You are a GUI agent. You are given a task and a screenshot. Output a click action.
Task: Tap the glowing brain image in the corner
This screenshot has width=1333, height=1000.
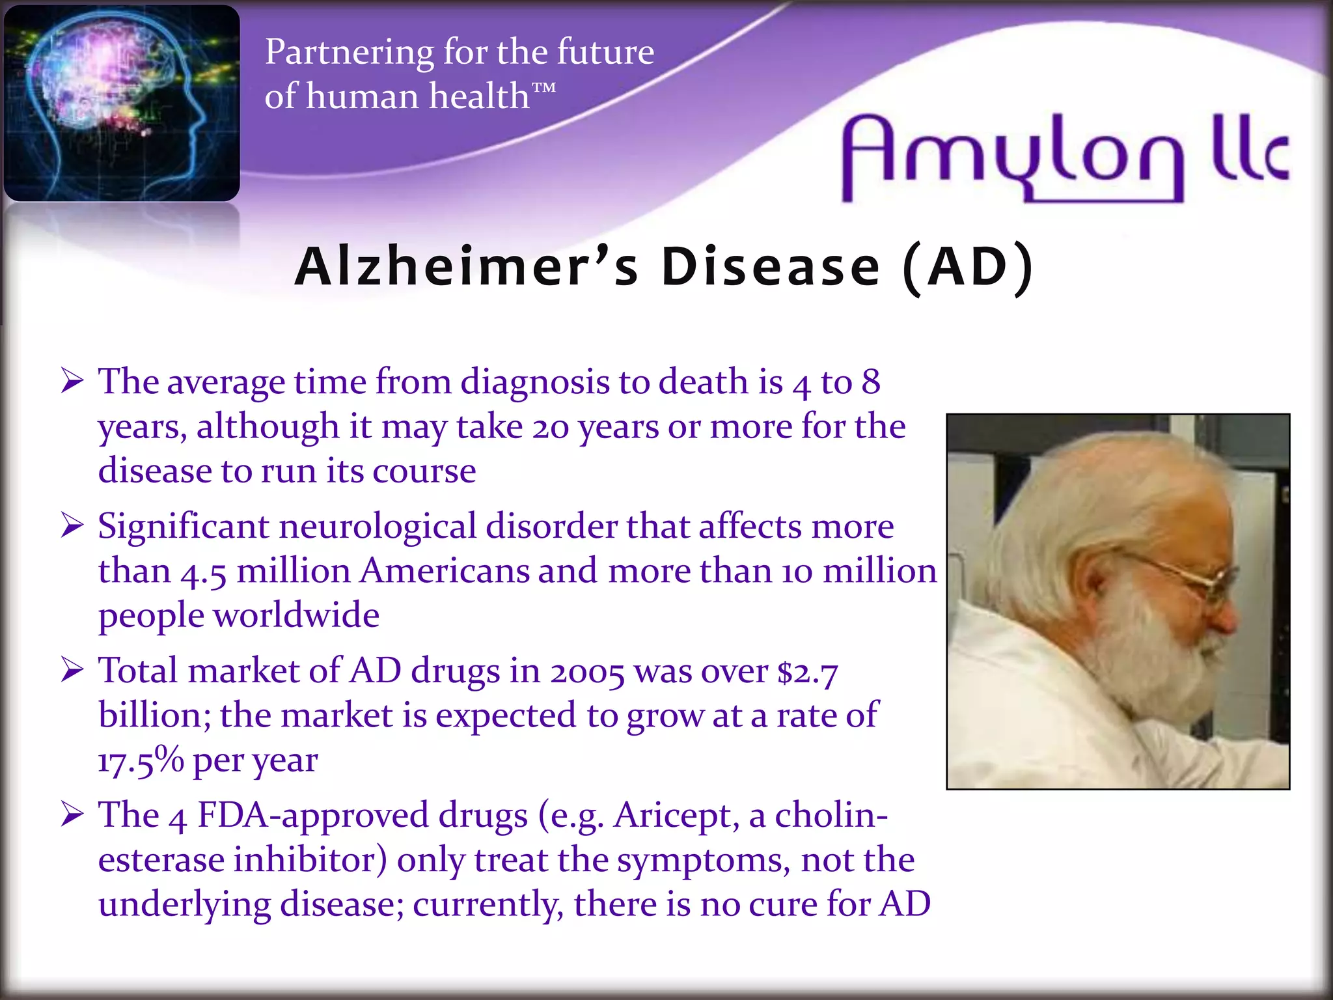coord(122,103)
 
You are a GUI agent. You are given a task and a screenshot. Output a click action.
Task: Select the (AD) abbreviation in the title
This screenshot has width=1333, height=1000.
coord(968,267)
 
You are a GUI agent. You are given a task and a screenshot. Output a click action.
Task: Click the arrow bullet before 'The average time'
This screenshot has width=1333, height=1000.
coord(72,381)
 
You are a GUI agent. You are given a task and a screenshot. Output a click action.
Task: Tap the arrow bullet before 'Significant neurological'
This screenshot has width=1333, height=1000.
coord(72,525)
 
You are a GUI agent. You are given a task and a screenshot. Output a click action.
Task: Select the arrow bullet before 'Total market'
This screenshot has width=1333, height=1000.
coord(72,670)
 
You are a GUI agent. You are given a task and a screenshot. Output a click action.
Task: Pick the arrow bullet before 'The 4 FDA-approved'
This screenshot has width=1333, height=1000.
coord(72,814)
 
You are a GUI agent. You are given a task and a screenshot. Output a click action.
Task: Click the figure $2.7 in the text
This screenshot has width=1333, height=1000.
coord(808,673)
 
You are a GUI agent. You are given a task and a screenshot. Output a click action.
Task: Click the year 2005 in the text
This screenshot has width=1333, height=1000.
coord(587,673)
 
